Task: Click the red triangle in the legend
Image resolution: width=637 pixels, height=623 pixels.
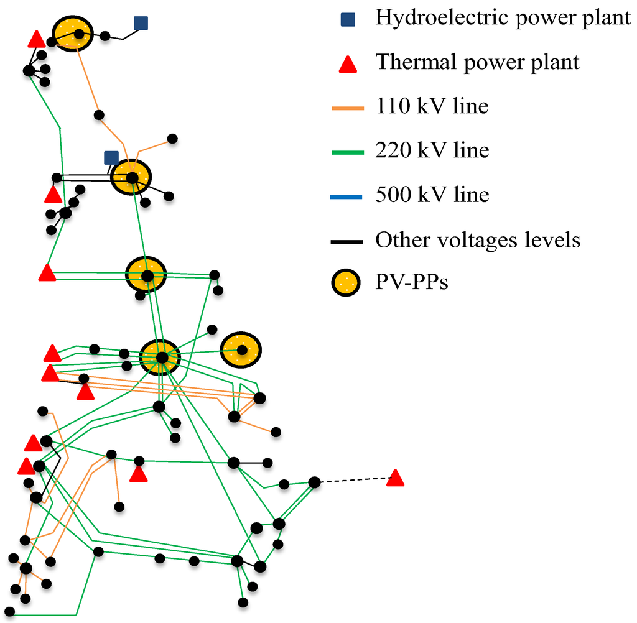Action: click(349, 63)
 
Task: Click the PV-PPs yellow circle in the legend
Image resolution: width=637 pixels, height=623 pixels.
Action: click(349, 284)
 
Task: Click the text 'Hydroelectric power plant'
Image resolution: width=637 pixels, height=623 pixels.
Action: click(503, 17)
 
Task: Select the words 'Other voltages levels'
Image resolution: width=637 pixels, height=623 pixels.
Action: click(478, 239)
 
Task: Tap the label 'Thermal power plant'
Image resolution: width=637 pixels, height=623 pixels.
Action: click(477, 62)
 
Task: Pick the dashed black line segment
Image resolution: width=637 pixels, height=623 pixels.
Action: click(355, 480)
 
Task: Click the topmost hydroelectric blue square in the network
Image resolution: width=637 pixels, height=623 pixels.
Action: click(141, 24)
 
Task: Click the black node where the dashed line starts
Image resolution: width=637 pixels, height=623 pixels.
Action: click(315, 482)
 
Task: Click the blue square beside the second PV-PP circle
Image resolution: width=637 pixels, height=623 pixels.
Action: click(111, 158)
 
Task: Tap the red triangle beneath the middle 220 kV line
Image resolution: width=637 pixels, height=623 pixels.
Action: click(138, 475)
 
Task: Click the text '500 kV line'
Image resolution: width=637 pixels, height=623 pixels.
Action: click(432, 195)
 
